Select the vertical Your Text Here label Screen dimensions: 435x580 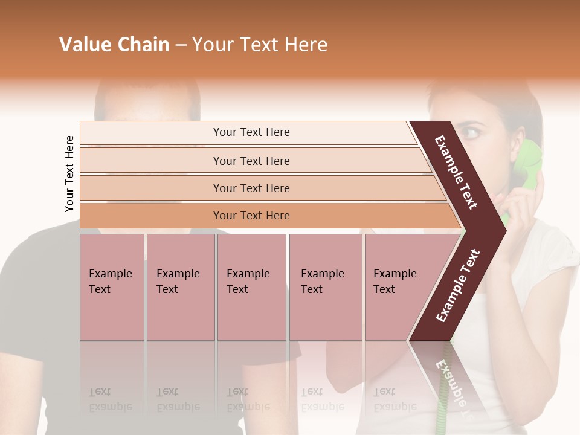click(x=69, y=173)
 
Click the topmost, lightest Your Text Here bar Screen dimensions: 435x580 click(x=251, y=132)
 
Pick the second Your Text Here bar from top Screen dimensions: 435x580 click(x=251, y=161)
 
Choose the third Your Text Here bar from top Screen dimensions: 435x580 click(x=251, y=188)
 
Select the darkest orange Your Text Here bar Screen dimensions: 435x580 click(x=251, y=216)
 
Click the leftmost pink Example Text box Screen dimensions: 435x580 click(x=112, y=287)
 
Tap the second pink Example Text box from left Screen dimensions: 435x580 click(x=180, y=287)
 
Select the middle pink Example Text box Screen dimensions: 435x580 click(x=251, y=287)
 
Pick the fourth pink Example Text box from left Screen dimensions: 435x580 click(x=325, y=287)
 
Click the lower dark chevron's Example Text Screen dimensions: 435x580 click(x=458, y=285)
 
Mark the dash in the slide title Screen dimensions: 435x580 click(x=181, y=45)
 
